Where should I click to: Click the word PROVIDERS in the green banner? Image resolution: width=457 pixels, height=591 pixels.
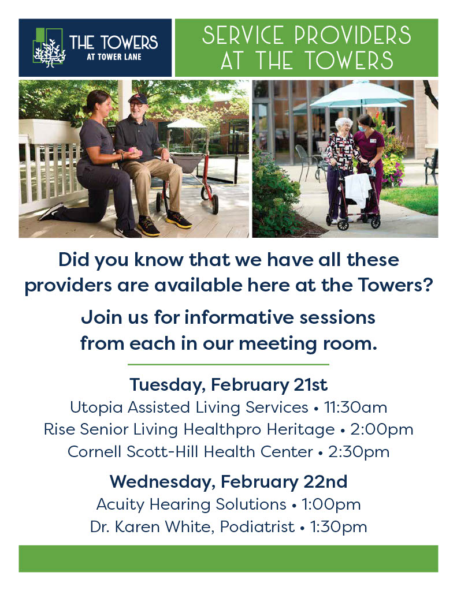pyautogui.click(x=352, y=35)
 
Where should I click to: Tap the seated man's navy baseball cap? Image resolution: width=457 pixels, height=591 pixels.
pyautogui.click(x=137, y=98)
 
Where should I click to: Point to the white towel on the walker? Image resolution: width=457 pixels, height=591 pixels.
pyautogui.click(x=358, y=189)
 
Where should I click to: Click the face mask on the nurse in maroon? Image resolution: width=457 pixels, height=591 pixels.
pyautogui.click(x=362, y=128)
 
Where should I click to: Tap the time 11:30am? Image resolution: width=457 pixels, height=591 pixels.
pyautogui.click(x=355, y=407)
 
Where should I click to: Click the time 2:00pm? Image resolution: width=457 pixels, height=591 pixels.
pyautogui.click(x=381, y=429)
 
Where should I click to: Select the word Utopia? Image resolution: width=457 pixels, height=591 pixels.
pyautogui.click(x=96, y=408)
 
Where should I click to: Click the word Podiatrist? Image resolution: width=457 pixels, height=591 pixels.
pyautogui.click(x=257, y=526)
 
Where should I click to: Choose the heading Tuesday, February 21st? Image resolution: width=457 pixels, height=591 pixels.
pyautogui.click(x=228, y=385)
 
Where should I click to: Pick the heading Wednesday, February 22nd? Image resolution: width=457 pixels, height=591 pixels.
pyautogui.click(x=228, y=482)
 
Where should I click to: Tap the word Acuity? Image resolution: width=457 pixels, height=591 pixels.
pyautogui.click(x=120, y=504)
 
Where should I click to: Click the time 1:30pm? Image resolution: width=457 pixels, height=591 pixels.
pyautogui.click(x=338, y=527)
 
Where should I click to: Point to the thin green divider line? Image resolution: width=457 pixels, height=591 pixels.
pyautogui.click(x=228, y=365)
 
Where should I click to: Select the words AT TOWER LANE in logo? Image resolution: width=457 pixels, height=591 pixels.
pyautogui.click(x=114, y=57)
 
